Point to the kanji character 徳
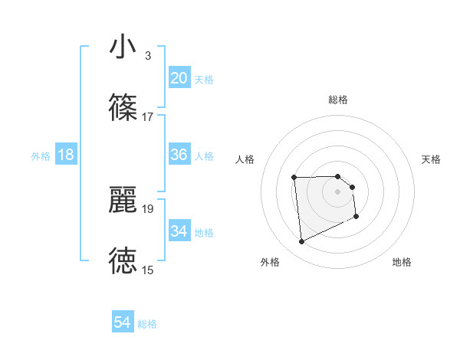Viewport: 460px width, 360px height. [x=123, y=260]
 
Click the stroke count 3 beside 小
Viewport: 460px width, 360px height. [x=147, y=56]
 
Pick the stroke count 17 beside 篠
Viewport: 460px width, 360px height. [x=148, y=116]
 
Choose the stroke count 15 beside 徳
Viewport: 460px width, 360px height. [x=148, y=270]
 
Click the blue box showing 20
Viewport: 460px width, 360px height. [x=179, y=77]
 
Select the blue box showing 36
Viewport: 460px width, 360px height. [x=179, y=155]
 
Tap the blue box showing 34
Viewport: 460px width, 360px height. [x=179, y=231]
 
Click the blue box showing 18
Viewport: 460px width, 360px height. [x=65, y=155]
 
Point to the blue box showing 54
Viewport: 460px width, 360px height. [x=122, y=322]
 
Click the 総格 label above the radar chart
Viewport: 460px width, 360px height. [x=338, y=100]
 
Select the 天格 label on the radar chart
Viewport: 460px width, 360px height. [x=432, y=159]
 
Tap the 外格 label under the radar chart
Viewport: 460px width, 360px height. [x=270, y=263]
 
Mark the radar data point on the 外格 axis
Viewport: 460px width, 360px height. [x=301, y=242]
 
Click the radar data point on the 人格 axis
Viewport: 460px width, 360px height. [x=294, y=178]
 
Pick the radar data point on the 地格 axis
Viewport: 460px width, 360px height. [x=356, y=217]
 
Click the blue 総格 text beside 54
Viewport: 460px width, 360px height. [x=147, y=324]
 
